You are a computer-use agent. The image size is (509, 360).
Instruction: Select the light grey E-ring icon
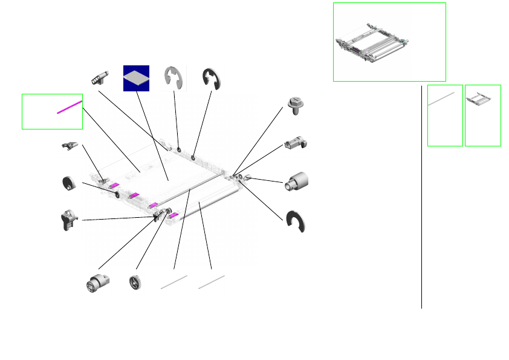point(175,77)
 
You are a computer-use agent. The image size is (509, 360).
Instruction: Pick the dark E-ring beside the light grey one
point(212,78)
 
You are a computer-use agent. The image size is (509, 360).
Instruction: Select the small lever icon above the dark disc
point(70,145)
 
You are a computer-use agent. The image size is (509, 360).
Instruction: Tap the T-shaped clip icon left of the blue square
point(100,77)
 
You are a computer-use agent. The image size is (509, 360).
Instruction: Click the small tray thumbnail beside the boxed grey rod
point(482,100)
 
